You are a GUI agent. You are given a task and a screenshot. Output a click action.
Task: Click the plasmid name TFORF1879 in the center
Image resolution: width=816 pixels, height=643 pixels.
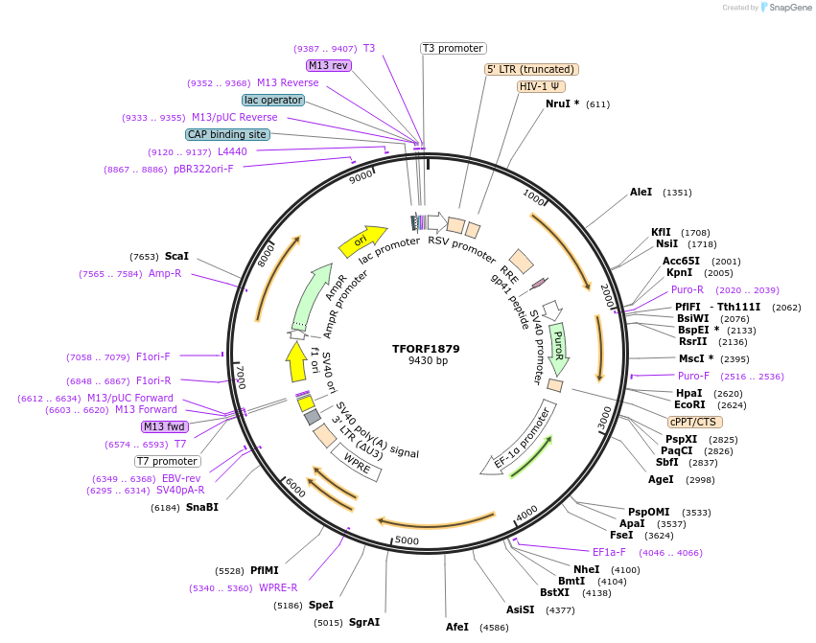(428, 349)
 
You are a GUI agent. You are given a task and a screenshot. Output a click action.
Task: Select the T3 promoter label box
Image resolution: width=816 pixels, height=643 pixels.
(454, 48)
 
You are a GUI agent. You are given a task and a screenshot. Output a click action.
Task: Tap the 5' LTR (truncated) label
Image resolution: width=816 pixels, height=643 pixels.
(530, 69)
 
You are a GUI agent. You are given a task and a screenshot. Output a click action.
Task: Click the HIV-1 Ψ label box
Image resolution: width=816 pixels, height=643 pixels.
(541, 86)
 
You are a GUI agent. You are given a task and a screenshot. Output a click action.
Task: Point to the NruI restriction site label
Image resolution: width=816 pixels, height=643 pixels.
(562, 103)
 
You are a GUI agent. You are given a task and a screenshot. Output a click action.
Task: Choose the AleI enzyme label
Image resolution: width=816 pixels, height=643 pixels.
(641, 193)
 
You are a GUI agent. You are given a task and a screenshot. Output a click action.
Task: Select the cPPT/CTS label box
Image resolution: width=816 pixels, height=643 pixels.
(695, 422)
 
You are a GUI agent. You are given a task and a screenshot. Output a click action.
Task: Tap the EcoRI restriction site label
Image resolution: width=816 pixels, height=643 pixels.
(690, 405)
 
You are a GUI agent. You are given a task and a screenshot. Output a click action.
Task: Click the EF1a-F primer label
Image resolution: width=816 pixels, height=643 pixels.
(609, 552)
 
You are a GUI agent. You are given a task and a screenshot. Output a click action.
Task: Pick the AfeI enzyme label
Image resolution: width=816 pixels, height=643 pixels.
(457, 627)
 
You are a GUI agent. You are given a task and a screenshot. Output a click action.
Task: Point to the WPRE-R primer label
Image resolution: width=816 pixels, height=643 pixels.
(278, 587)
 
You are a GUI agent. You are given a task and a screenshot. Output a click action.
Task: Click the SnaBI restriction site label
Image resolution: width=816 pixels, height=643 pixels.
(202, 507)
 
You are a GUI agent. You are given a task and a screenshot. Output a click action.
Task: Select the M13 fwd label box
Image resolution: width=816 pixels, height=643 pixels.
(164, 426)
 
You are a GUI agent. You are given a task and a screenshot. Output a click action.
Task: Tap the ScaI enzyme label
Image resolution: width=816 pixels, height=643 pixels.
(176, 257)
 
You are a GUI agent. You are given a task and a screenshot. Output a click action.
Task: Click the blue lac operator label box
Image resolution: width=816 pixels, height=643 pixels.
(273, 100)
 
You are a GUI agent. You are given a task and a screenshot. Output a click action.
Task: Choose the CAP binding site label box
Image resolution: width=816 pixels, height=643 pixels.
(227, 135)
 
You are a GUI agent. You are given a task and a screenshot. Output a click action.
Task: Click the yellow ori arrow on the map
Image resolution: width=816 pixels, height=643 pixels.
(362, 240)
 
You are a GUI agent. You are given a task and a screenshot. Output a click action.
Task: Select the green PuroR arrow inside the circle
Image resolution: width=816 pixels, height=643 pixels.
(558, 347)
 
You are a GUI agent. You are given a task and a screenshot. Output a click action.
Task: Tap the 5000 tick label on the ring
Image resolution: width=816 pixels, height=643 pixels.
(408, 541)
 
